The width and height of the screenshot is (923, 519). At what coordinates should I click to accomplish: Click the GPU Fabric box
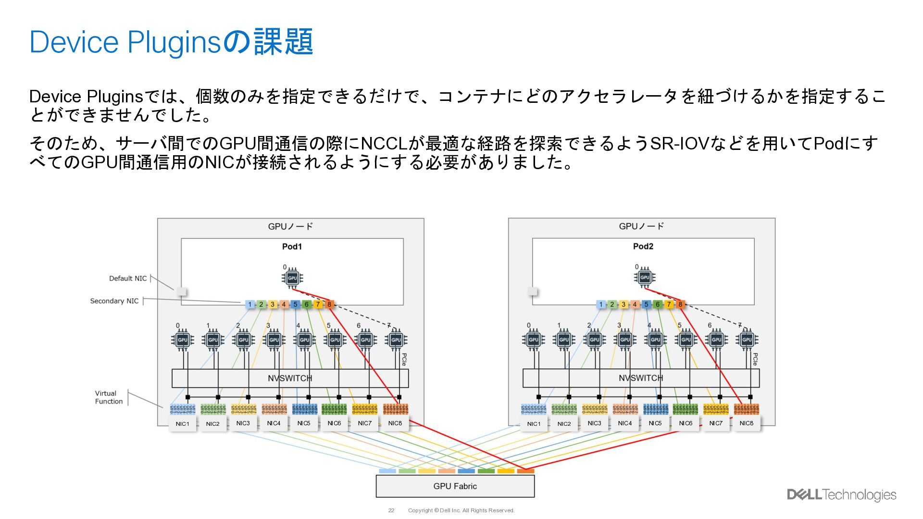pos(455,486)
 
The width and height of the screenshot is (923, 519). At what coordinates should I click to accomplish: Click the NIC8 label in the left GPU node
pos(395,423)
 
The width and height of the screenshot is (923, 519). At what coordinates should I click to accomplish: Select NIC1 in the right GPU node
pos(534,424)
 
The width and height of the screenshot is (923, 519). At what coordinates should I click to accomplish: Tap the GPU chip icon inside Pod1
pos(292,278)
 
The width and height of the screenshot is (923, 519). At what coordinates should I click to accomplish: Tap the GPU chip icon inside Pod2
pos(645,277)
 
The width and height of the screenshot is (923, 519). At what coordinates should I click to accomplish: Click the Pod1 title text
pos(292,247)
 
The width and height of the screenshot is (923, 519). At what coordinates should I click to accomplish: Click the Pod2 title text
pos(643,247)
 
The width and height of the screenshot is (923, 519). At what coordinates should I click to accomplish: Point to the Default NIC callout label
pos(128,279)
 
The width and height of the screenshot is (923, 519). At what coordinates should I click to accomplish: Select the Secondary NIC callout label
pos(114,301)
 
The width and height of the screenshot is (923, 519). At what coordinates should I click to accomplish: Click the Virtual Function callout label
pos(109,397)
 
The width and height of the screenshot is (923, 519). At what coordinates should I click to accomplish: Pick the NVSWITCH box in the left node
pos(290,378)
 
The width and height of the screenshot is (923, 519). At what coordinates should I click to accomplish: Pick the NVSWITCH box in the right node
pos(641,378)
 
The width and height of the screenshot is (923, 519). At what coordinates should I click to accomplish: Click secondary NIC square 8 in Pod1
pos(329,304)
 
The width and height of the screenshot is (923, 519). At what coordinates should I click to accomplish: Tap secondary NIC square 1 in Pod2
pos(600,304)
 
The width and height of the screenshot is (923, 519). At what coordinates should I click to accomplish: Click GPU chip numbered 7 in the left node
pos(396,340)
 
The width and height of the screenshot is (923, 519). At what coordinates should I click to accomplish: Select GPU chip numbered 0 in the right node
pos(534,340)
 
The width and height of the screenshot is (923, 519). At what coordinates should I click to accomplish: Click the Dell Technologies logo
pos(841,495)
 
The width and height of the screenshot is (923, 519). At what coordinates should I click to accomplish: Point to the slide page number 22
pos(391,510)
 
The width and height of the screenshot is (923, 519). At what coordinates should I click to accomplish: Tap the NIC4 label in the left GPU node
pos(274,423)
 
